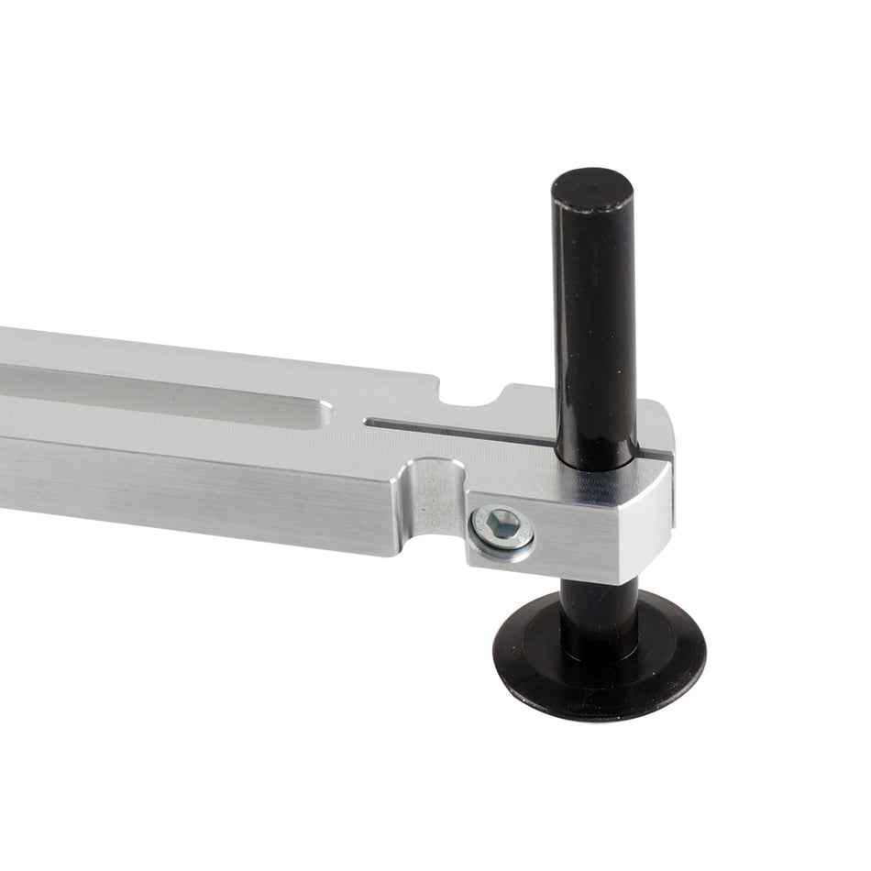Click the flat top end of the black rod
[x=592, y=187]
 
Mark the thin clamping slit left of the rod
[x=458, y=428]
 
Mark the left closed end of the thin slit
[x=369, y=423]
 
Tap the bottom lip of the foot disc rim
[x=596, y=710]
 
